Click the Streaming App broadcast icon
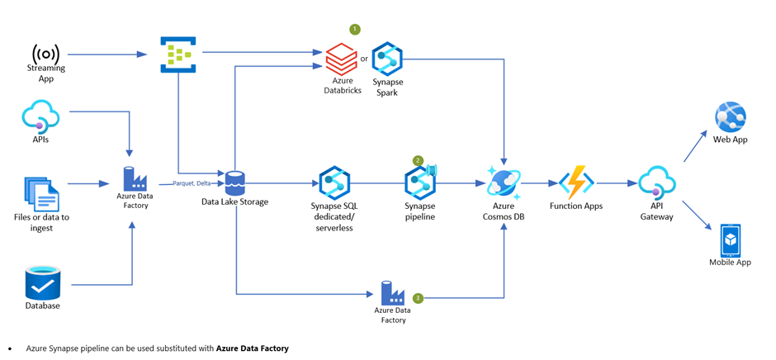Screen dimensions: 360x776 click(46, 54)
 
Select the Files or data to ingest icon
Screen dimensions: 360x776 click(41, 195)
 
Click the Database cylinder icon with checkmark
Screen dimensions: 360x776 click(42, 283)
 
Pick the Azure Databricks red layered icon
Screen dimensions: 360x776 click(341, 59)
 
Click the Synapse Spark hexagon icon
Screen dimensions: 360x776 click(387, 59)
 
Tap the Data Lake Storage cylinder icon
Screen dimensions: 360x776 click(235, 183)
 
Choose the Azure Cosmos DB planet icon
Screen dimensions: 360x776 click(504, 182)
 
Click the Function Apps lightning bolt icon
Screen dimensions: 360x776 click(575, 182)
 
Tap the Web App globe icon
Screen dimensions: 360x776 click(730, 118)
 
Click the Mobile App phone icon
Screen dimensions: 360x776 click(730, 240)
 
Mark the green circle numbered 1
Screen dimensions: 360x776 click(355, 30)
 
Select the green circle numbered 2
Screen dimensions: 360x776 click(418, 161)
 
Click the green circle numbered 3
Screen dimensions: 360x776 click(418, 298)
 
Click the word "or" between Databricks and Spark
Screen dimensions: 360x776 click(364, 59)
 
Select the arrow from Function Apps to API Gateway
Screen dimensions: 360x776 click(617, 183)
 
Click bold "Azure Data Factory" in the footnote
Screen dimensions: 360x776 click(253, 348)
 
